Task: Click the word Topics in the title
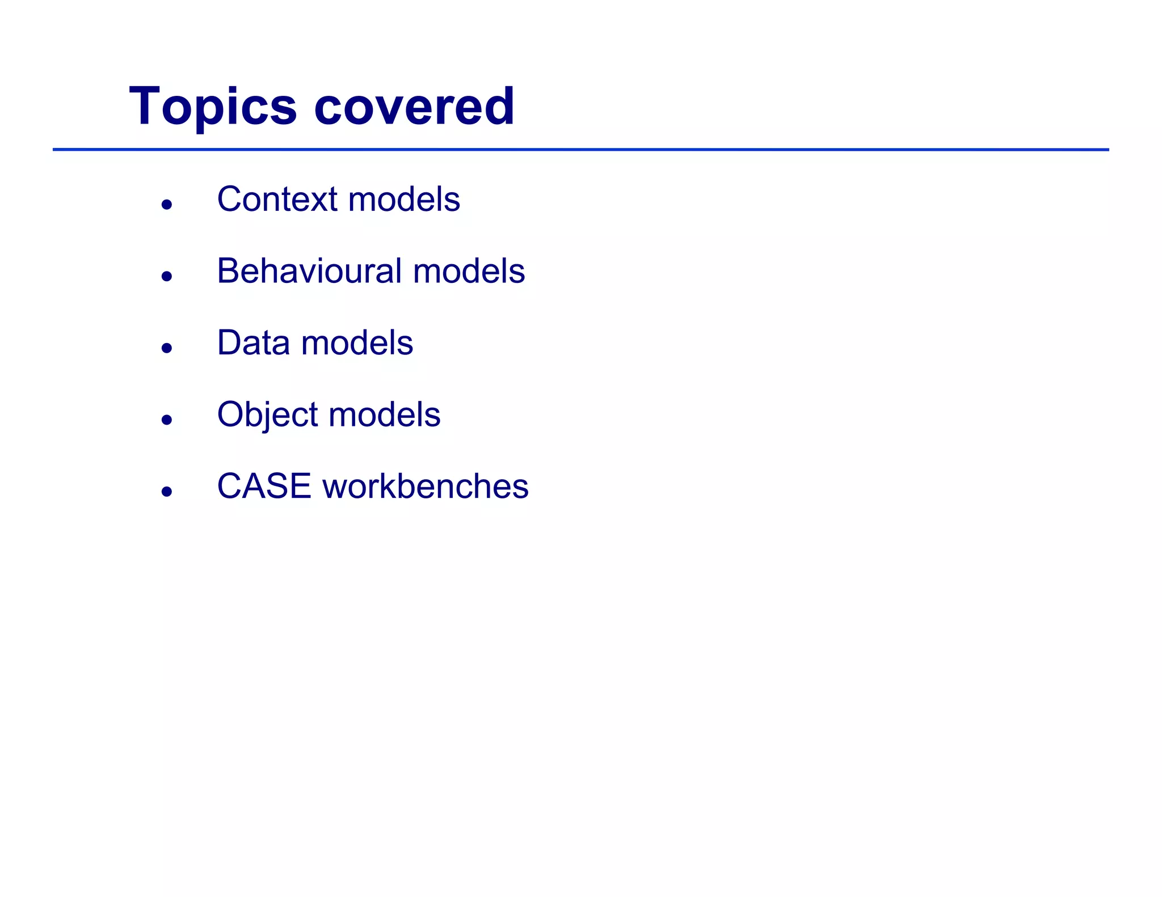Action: tap(213, 107)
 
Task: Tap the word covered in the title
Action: tap(414, 107)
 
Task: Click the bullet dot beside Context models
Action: tap(166, 205)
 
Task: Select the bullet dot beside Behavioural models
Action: tap(166, 276)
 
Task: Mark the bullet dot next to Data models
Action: tap(166, 348)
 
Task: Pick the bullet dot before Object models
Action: tap(166, 420)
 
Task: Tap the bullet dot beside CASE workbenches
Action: tap(166, 491)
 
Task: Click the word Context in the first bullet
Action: tap(277, 200)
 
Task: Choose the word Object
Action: tap(267, 415)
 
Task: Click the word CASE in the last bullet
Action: tap(264, 486)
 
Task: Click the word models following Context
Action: tap(404, 200)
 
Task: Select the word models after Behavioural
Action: tap(469, 271)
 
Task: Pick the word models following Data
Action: tap(357, 343)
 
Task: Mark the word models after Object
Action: tap(384, 415)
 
